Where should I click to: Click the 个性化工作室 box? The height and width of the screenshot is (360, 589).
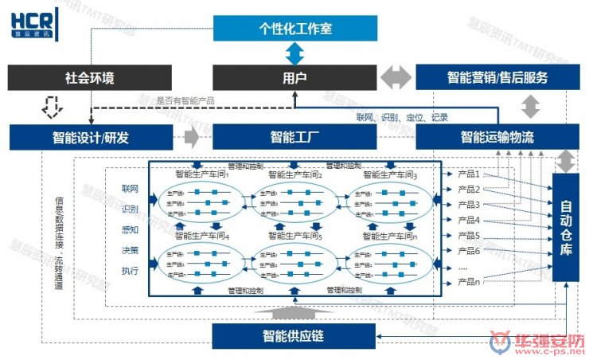point(295,29)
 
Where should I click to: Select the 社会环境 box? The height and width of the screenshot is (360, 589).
point(89,78)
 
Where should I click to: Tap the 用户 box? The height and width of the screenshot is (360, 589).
point(295,78)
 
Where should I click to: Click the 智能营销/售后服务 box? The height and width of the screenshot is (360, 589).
point(496,78)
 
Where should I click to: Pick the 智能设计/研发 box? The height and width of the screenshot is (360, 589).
point(90,137)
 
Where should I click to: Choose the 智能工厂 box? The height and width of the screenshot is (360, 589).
point(295,137)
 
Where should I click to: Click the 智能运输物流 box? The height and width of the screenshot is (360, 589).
point(496,137)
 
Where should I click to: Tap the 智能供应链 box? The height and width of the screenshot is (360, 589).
point(295,335)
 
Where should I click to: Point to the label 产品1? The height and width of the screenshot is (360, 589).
point(469,173)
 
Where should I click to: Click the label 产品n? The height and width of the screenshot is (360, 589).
point(469,281)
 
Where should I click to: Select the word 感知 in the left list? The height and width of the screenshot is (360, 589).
point(130,229)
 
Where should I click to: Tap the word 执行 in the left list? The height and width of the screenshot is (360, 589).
point(130,271)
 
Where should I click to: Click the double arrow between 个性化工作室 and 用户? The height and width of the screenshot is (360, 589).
point(295,54)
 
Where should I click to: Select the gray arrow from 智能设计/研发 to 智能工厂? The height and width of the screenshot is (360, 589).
point(191,137)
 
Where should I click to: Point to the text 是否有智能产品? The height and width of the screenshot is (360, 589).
point(184,100)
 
